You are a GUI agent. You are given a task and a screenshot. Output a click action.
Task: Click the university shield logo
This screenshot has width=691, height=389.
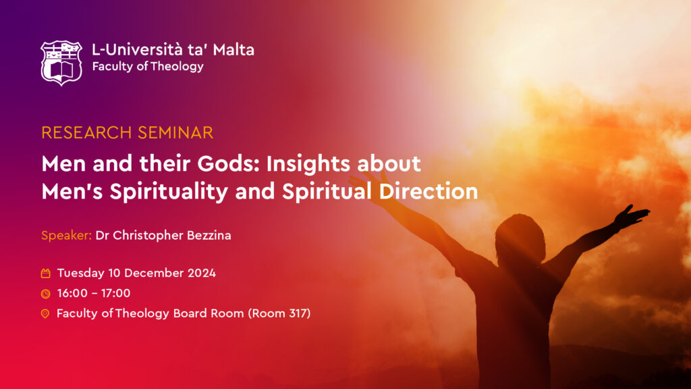coord(61,63)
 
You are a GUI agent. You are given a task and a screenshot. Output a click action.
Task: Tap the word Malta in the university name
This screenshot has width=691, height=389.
coord(233,49)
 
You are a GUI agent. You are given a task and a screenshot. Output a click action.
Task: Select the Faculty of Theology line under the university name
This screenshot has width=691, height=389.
coord(148,67)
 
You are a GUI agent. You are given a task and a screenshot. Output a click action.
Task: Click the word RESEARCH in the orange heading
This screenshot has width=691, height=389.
coord(86,133)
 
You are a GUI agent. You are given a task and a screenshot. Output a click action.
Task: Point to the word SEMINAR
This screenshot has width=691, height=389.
coord(175,133)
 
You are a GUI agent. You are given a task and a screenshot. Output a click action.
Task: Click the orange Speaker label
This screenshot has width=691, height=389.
coord(67,236)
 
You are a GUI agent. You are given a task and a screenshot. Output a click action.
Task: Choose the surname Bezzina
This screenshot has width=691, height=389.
coord(209,235)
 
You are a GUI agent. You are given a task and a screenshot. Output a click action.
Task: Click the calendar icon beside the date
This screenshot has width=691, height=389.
coord(45,274)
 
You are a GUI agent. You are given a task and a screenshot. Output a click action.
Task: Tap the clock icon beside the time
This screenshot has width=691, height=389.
coord(45,294)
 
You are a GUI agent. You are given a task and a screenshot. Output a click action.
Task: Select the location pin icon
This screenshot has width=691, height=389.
coord(45,313)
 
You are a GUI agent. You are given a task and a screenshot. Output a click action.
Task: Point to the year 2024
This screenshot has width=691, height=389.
coord(202,273)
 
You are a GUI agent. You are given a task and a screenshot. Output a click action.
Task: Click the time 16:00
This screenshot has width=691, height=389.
coord(72,293)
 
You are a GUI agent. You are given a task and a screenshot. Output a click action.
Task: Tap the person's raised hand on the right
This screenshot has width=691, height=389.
coord(632,216)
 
